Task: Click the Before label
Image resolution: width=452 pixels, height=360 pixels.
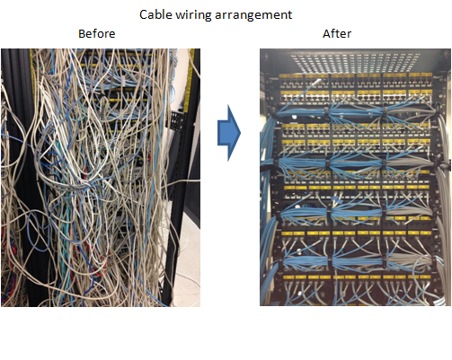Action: [97, 33]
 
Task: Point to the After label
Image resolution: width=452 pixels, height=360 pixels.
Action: [337, 33]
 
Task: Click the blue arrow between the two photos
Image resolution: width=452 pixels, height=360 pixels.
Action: [229, 133]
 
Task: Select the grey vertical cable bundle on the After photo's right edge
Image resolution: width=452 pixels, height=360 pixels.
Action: [443, 209]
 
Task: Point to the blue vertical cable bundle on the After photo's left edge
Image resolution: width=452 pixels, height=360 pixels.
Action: [266, 209]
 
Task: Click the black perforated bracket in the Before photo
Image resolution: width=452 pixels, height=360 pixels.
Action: [177, 120]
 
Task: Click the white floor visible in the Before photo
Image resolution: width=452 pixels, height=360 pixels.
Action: [187, 269]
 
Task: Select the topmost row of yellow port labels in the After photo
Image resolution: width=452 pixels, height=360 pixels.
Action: [357, 76]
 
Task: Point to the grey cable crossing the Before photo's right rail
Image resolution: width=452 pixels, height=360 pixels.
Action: [183, 180]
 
